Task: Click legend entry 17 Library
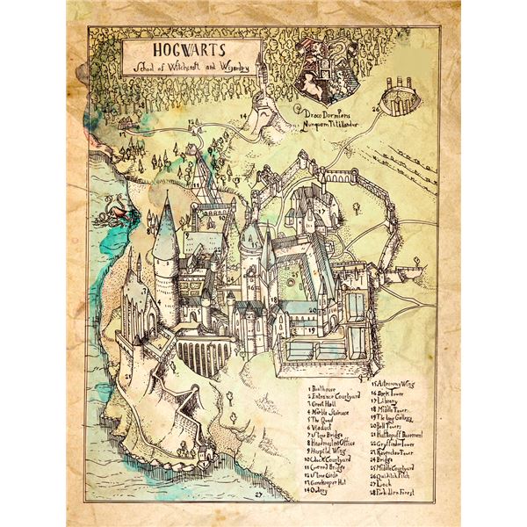(x=395, y=401)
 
